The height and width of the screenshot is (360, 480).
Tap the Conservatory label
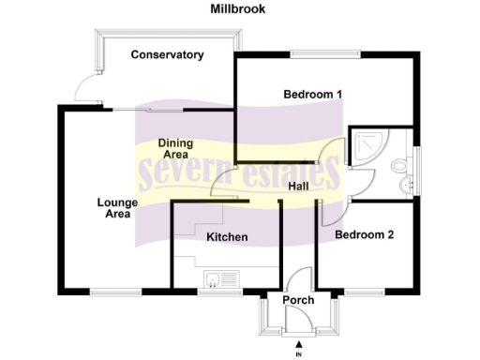167,54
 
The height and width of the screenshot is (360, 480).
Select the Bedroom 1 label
312,94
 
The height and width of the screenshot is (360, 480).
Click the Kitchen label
227,237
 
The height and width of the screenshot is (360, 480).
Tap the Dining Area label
175,148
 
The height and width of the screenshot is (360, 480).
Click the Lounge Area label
117,208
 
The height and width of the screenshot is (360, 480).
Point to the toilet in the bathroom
400,166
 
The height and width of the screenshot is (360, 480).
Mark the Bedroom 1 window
324,54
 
